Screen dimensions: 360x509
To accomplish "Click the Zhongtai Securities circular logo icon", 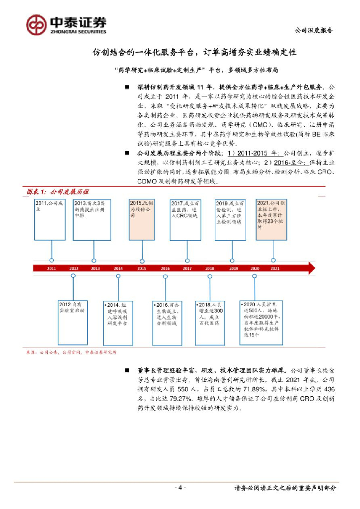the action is point(36,24).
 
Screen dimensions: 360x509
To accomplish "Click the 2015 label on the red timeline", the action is point(141,268).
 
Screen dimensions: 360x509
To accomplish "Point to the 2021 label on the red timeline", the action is point(274,268).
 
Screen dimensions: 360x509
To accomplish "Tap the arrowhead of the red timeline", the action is point(311,268).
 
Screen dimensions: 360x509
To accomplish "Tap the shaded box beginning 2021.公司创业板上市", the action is point(273,219).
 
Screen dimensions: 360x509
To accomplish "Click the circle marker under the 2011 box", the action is point(52,260).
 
